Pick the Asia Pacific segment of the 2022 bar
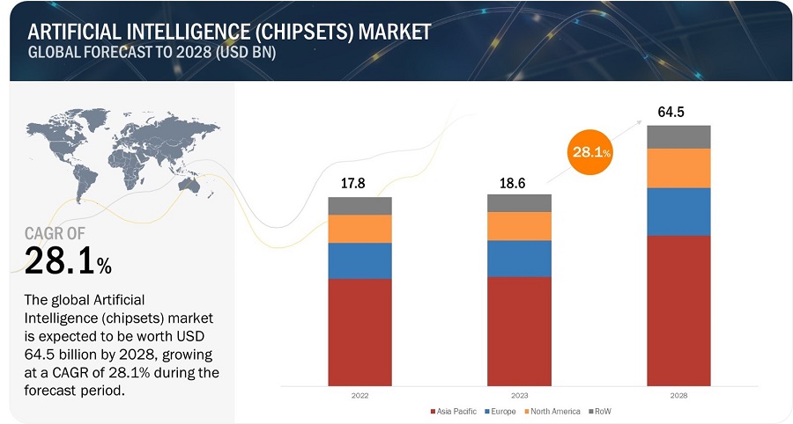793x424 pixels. coord(359,332)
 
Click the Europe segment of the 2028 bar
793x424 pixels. coord(678,211)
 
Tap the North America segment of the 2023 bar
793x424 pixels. coord(519,226)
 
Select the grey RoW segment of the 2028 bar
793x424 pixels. coord(678,136)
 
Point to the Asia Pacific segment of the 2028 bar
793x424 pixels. coord(678,310)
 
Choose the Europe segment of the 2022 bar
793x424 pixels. coord(359,260)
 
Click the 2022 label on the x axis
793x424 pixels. coord(359,395)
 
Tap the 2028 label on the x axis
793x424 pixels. coord(678,395)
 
